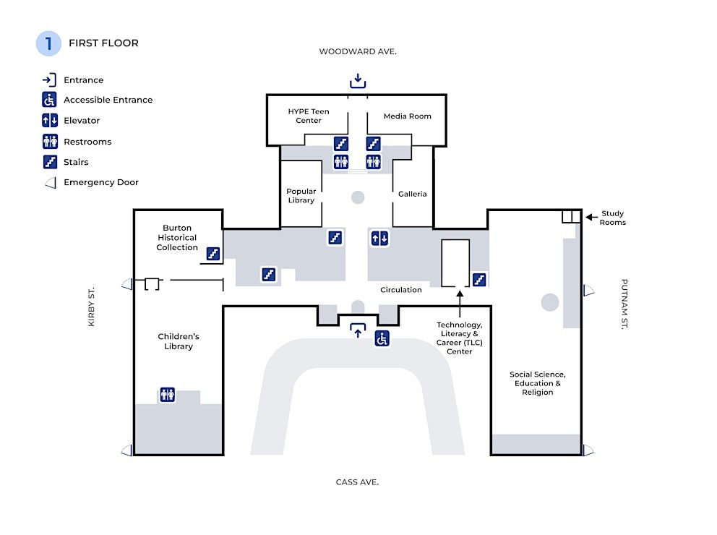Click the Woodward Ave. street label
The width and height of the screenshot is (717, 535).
pos(358,51)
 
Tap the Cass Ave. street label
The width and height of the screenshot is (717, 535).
pos(357,482)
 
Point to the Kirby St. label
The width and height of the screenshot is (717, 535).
pos(92,307)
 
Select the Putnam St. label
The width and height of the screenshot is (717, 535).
pos(624,304)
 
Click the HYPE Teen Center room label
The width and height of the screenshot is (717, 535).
pos(309,116)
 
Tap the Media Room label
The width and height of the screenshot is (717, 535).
pos(408,116)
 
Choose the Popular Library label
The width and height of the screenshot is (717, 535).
pos(301,196)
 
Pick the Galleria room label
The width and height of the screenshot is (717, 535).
pos(413,194)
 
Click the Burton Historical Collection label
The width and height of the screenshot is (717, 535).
pos(177,237)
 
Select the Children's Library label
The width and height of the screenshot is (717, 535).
pos(179,341)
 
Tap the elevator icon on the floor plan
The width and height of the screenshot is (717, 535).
pos(379,238)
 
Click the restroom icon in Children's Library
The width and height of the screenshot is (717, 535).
pos(168,394)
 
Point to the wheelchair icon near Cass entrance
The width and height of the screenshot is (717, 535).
pos(382,339)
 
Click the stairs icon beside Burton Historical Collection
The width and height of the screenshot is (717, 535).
pos(213,253)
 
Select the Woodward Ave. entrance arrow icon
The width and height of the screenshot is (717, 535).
pos(358,81)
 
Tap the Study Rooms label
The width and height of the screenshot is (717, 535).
pos(613,218)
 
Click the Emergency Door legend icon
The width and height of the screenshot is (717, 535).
pos(51,183)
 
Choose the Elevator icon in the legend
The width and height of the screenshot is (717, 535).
pos(50,120)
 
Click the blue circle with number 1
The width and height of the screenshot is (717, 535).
pos(48,43)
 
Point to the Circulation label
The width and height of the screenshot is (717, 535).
pos(401,290)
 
